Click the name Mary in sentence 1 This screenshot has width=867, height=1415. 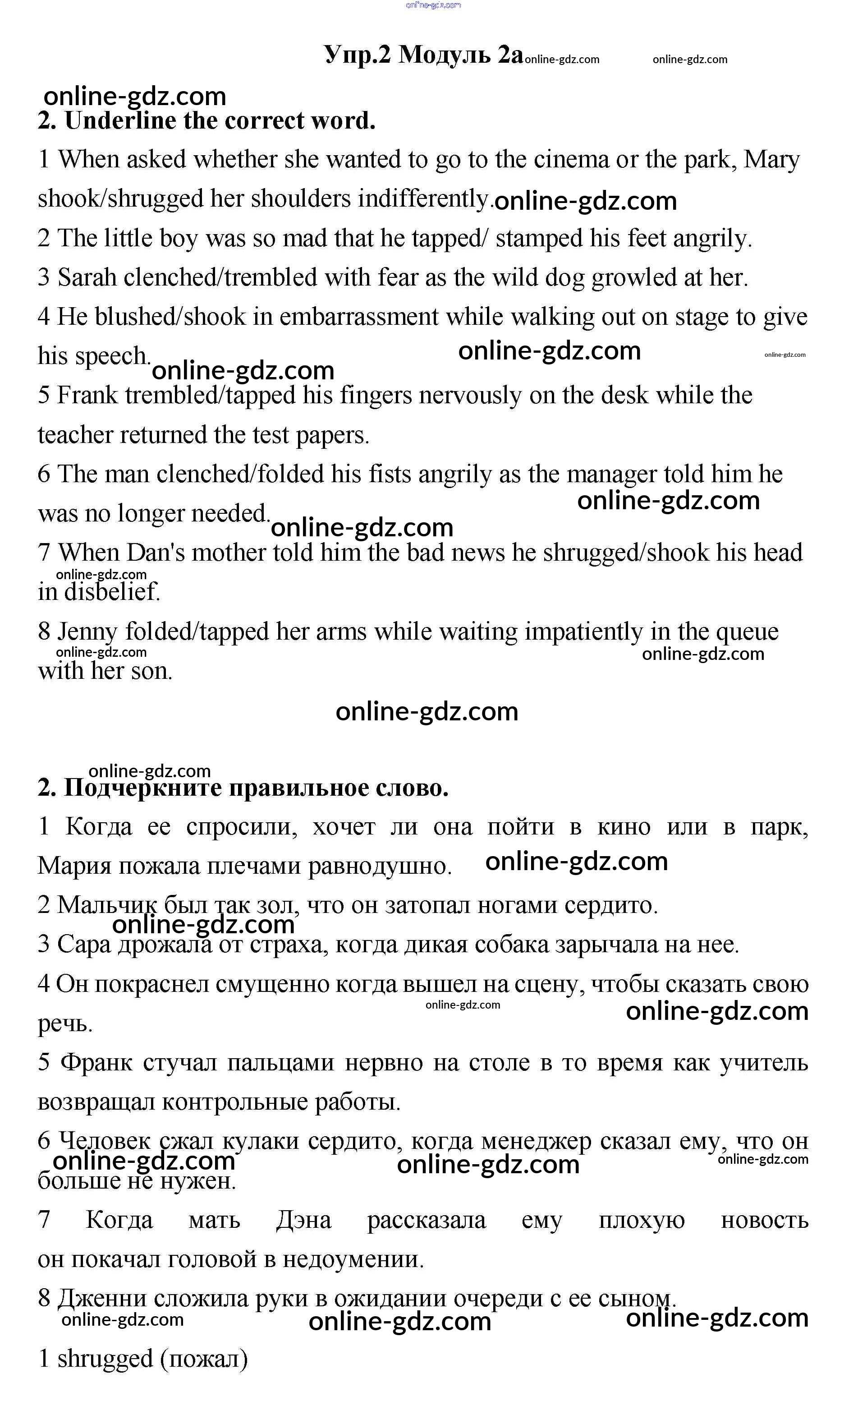point(771,160)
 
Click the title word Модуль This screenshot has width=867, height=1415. point(445,55)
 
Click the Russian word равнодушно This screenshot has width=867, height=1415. point(380,866)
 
